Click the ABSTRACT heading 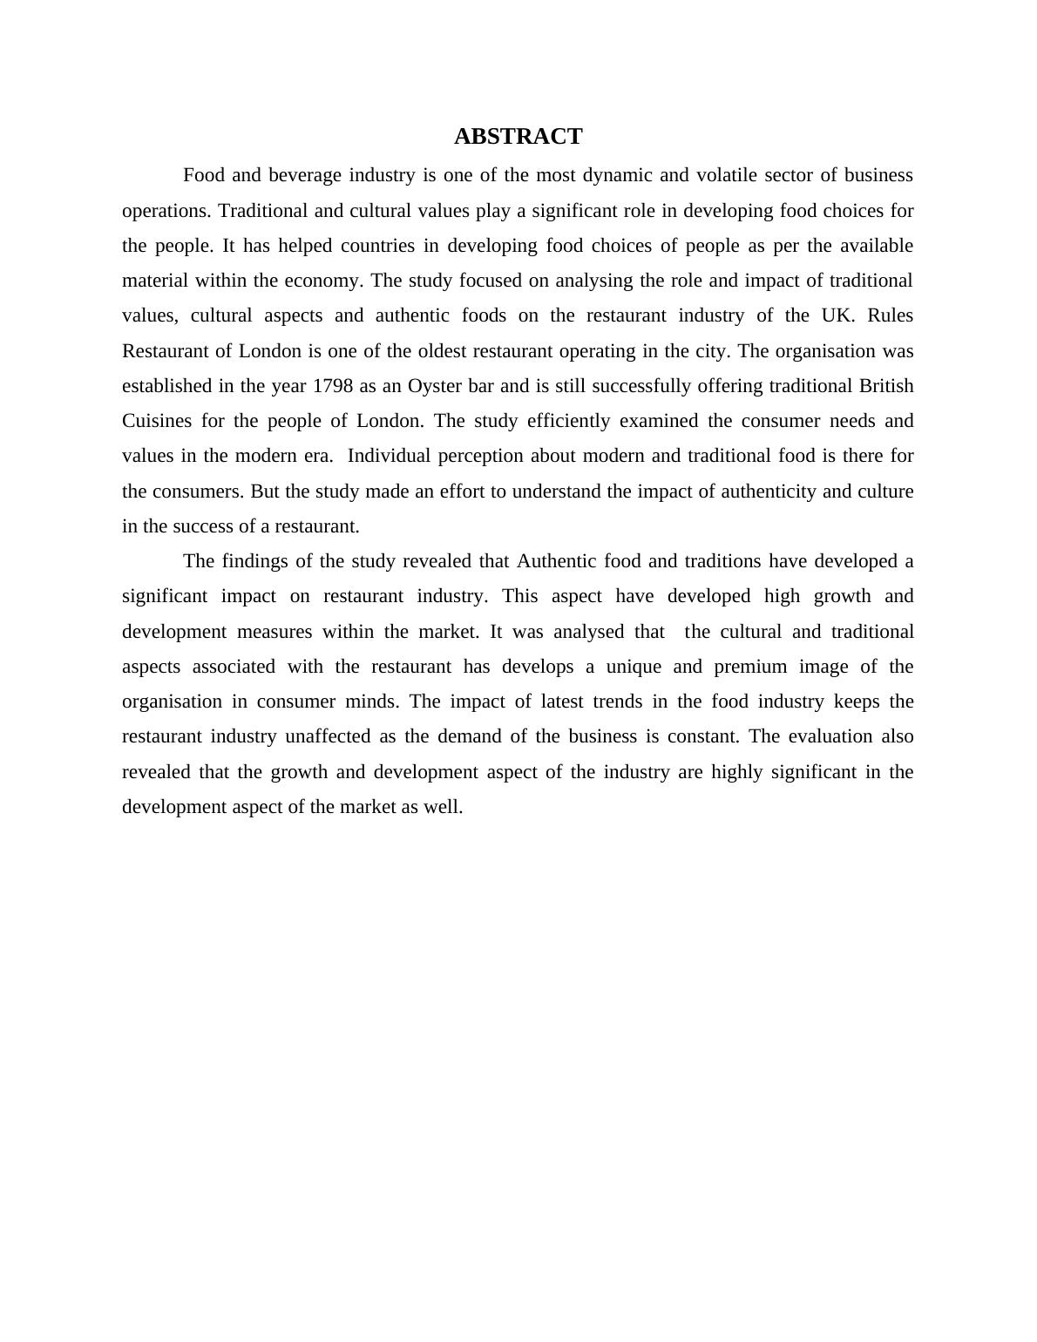tap(518, 137)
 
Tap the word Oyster tap(436, 386)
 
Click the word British tap(885, 386)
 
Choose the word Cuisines tap(157, 421)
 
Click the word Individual tap(391, 456)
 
